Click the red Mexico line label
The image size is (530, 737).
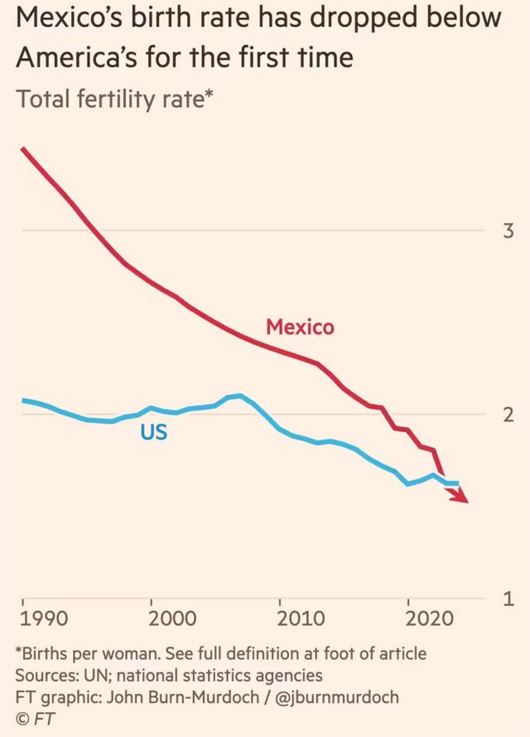click(300, 327)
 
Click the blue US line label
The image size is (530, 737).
click(153, 432)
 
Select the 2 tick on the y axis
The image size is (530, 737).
click(508, 415)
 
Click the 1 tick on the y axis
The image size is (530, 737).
click(508, 599)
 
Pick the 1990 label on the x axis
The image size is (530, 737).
click(44, 618)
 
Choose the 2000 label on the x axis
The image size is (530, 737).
click(172, 618)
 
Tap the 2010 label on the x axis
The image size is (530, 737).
click(301, 618)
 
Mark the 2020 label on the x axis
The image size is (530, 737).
click(430, 618)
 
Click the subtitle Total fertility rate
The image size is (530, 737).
click(108, 100)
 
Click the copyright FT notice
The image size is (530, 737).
click(33, 718)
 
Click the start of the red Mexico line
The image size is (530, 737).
click(23, 149)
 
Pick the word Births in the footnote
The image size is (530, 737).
click(46, 653)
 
